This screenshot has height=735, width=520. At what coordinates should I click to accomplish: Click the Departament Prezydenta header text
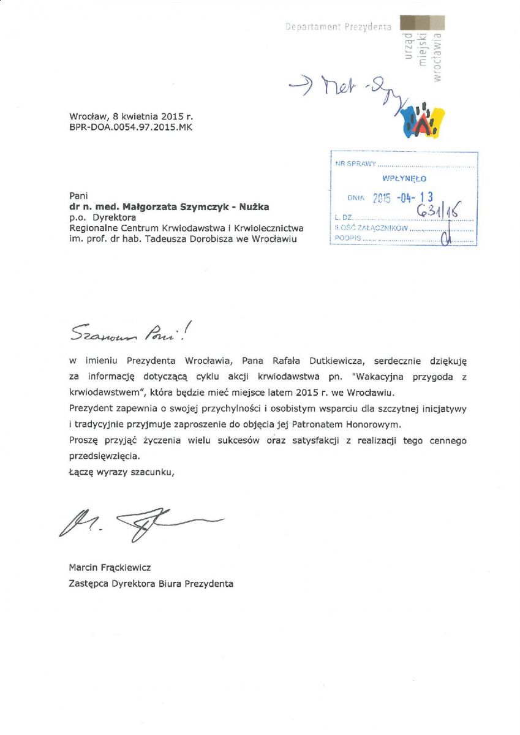[338, 27]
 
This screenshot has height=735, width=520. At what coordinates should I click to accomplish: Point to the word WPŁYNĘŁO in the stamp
[404, 179]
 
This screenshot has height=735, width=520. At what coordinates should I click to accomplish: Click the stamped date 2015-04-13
[403, 197]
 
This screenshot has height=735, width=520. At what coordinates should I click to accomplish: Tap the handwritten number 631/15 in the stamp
[437, 212]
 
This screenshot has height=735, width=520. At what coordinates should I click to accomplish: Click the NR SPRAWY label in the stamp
[356, 164]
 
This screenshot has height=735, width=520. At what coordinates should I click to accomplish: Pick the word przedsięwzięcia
[105, 456]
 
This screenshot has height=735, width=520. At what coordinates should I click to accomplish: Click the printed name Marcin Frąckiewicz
[110, 568]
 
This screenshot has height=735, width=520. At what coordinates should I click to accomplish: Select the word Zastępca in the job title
[88, 584]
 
